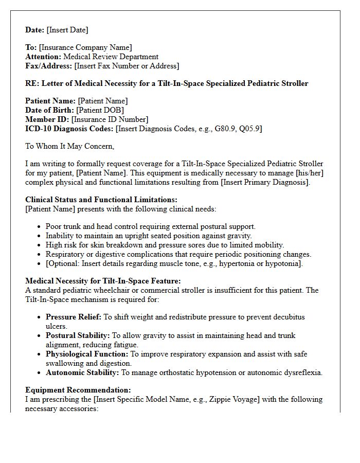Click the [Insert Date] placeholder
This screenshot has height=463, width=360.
pos(67,30)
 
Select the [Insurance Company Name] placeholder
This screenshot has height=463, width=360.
pos(85,47)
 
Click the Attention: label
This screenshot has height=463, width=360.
pos(43,57)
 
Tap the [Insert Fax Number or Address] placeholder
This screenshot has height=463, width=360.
pos(127,66)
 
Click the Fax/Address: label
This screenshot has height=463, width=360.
pos(48,66)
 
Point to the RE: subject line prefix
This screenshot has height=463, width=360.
pos(32,83)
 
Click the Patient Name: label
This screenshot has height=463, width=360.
pos(50,101)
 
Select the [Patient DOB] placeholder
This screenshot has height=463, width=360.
pos(100,110)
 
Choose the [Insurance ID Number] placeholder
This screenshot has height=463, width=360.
pos(110,119)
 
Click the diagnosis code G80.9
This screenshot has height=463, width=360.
pos(223,129)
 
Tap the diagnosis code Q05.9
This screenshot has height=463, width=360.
pos(249,129)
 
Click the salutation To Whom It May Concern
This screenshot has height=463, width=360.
pos(69,146)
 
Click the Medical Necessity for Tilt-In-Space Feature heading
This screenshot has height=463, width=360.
pos(103,281)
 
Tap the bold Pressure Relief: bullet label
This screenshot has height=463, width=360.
pos(74,317)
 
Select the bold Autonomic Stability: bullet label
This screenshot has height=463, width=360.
pos(82,372)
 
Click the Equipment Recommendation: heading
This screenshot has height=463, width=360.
pos(78,390)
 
